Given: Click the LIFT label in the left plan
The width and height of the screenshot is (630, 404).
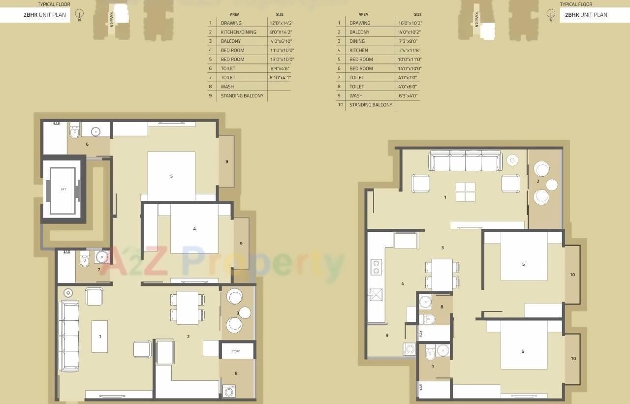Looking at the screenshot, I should [63, 189].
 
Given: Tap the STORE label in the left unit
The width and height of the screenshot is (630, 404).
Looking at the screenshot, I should [236, 351].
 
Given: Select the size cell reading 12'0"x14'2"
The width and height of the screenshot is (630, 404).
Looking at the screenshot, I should [281, 23].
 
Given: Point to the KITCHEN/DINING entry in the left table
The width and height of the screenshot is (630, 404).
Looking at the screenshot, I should [238, 32].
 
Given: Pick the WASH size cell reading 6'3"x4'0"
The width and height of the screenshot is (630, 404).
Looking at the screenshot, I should [409, 95].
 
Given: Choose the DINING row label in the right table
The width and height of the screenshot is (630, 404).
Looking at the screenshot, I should [357, 41].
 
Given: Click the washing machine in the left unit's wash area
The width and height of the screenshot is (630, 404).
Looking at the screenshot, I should [229, 391].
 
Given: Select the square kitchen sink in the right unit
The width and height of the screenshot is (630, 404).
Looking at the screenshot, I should [376, 294].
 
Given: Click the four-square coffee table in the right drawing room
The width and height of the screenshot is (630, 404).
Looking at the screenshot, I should [465, 192].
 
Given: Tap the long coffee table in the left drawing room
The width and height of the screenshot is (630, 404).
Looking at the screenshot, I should [99, 337].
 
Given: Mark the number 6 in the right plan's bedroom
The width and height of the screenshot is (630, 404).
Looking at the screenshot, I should [523, 351].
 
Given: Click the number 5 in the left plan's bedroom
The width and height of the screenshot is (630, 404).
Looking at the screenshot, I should [171, 176].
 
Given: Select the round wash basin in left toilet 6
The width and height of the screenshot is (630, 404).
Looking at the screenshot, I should [94, 132].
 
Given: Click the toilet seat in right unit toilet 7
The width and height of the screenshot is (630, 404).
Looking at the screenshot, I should [430, 353].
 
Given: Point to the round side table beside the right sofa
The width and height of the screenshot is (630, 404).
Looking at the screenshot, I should [512, 160].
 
